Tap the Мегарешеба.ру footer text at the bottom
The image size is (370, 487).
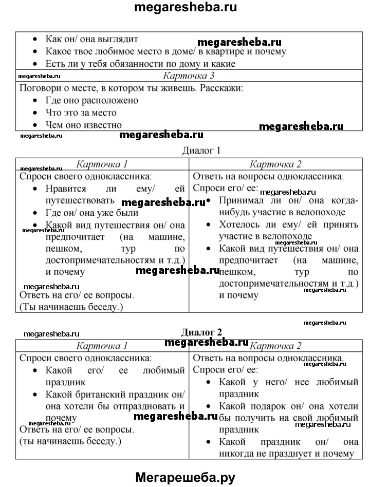coord(185,478)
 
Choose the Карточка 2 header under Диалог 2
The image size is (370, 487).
coord(275,345)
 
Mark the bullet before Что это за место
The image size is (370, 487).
coord(34,113)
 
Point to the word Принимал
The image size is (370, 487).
coord(242,200)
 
